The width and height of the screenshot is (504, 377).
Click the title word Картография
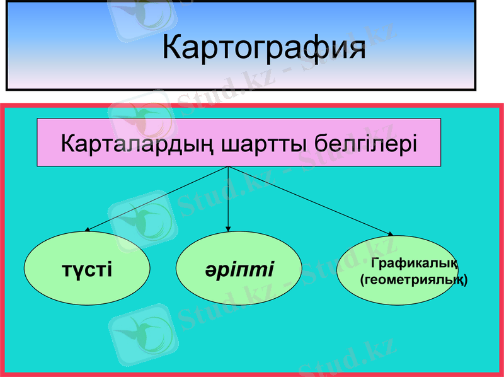coord(264,49)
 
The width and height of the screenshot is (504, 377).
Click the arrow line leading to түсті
coord(157,199)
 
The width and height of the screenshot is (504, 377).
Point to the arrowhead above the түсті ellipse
coord(87,231)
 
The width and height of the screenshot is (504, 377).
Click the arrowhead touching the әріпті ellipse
coord(227,228)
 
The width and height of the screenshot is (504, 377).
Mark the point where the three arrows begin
coord(227,167)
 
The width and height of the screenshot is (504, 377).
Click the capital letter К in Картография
coord(173,49)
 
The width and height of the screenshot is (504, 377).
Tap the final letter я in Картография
coord(356,49)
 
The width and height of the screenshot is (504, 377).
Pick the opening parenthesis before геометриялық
coord(361,279)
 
